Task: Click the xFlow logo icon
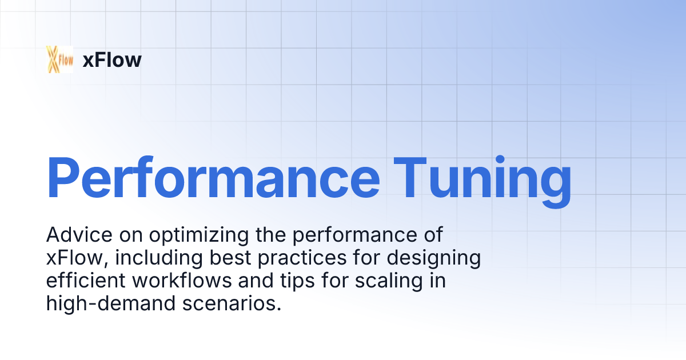[60, 59]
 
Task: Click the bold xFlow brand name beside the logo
[112, 60]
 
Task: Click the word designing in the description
[434, 259]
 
